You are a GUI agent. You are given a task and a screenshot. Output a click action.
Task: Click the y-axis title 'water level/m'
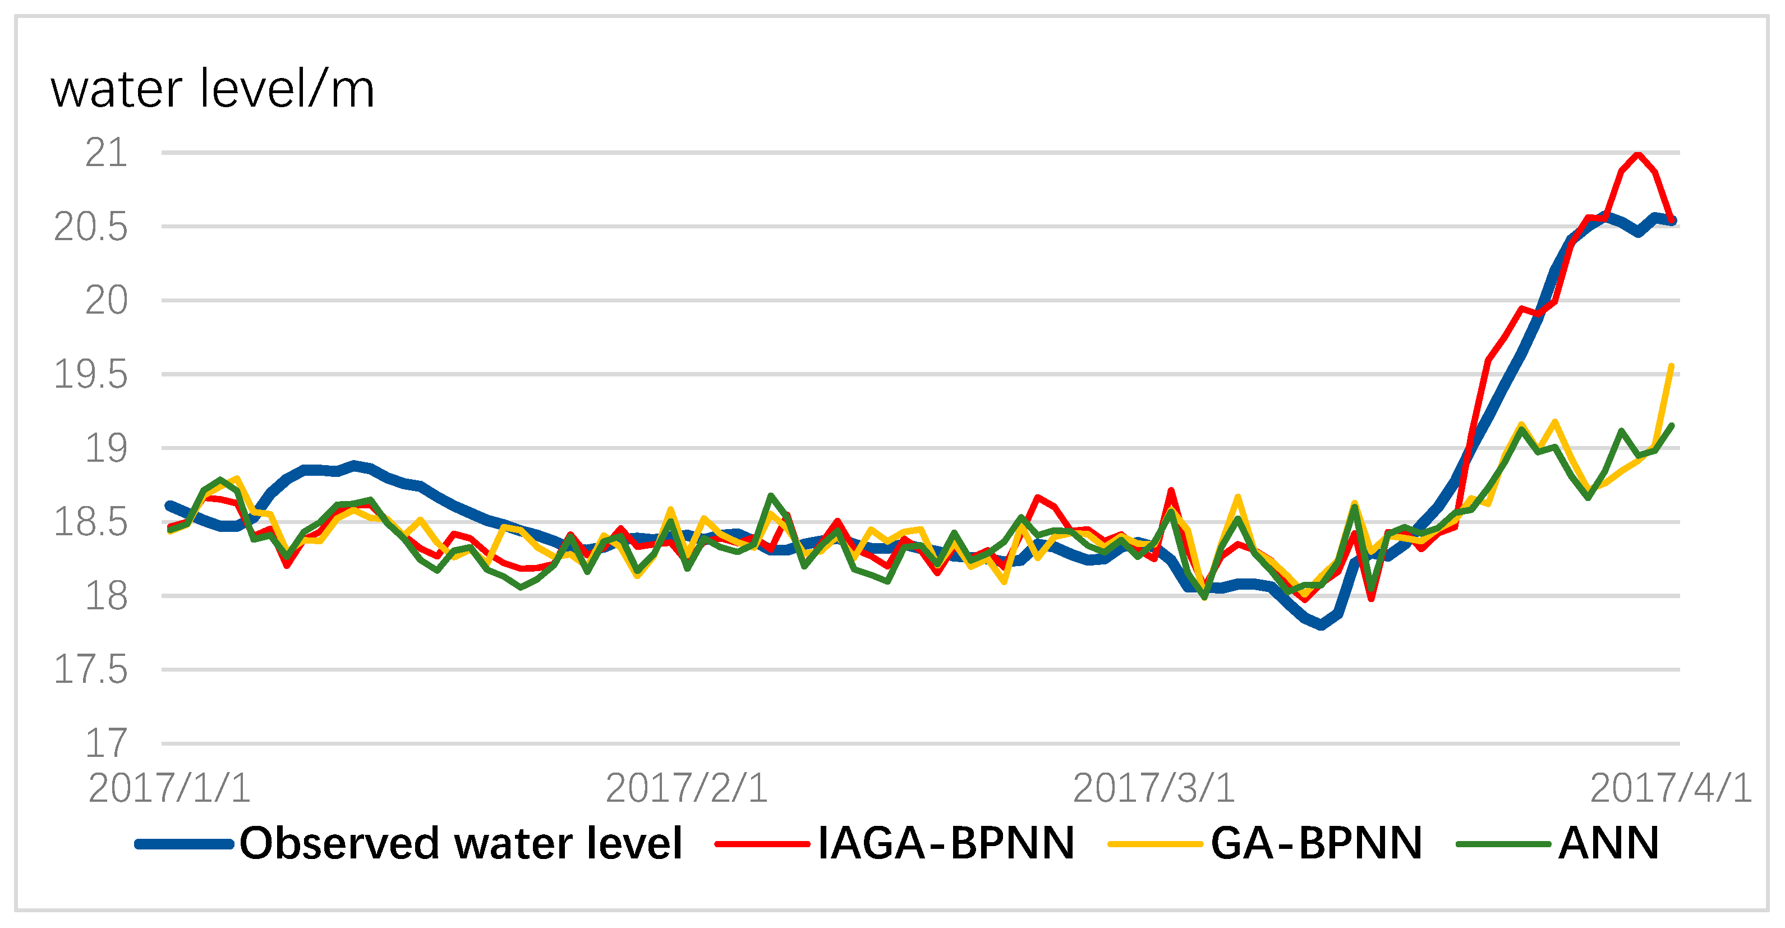(213, 90)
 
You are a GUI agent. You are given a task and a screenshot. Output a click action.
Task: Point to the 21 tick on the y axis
(106, 153)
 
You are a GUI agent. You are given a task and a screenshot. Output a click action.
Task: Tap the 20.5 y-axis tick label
(91, 227)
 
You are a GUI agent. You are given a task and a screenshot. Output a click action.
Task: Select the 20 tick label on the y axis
(106, 301)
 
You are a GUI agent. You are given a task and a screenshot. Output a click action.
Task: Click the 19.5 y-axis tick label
(91, 375)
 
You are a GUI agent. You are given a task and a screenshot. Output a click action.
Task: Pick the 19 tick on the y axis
(106, 448)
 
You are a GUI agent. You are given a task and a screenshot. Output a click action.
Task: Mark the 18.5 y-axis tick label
(91, 522)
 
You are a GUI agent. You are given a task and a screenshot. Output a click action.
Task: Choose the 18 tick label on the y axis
(106, 596)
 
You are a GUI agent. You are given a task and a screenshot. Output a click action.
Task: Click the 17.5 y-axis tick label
(91, 669)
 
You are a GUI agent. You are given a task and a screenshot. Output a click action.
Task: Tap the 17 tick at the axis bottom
(106, 743)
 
